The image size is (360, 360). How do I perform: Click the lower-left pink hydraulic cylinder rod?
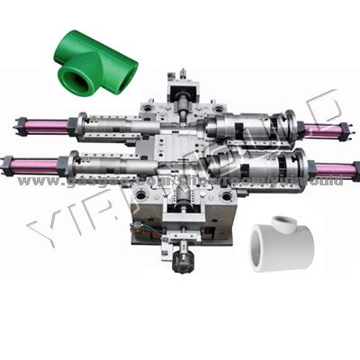pyautogui.click(x=36, y=166)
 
